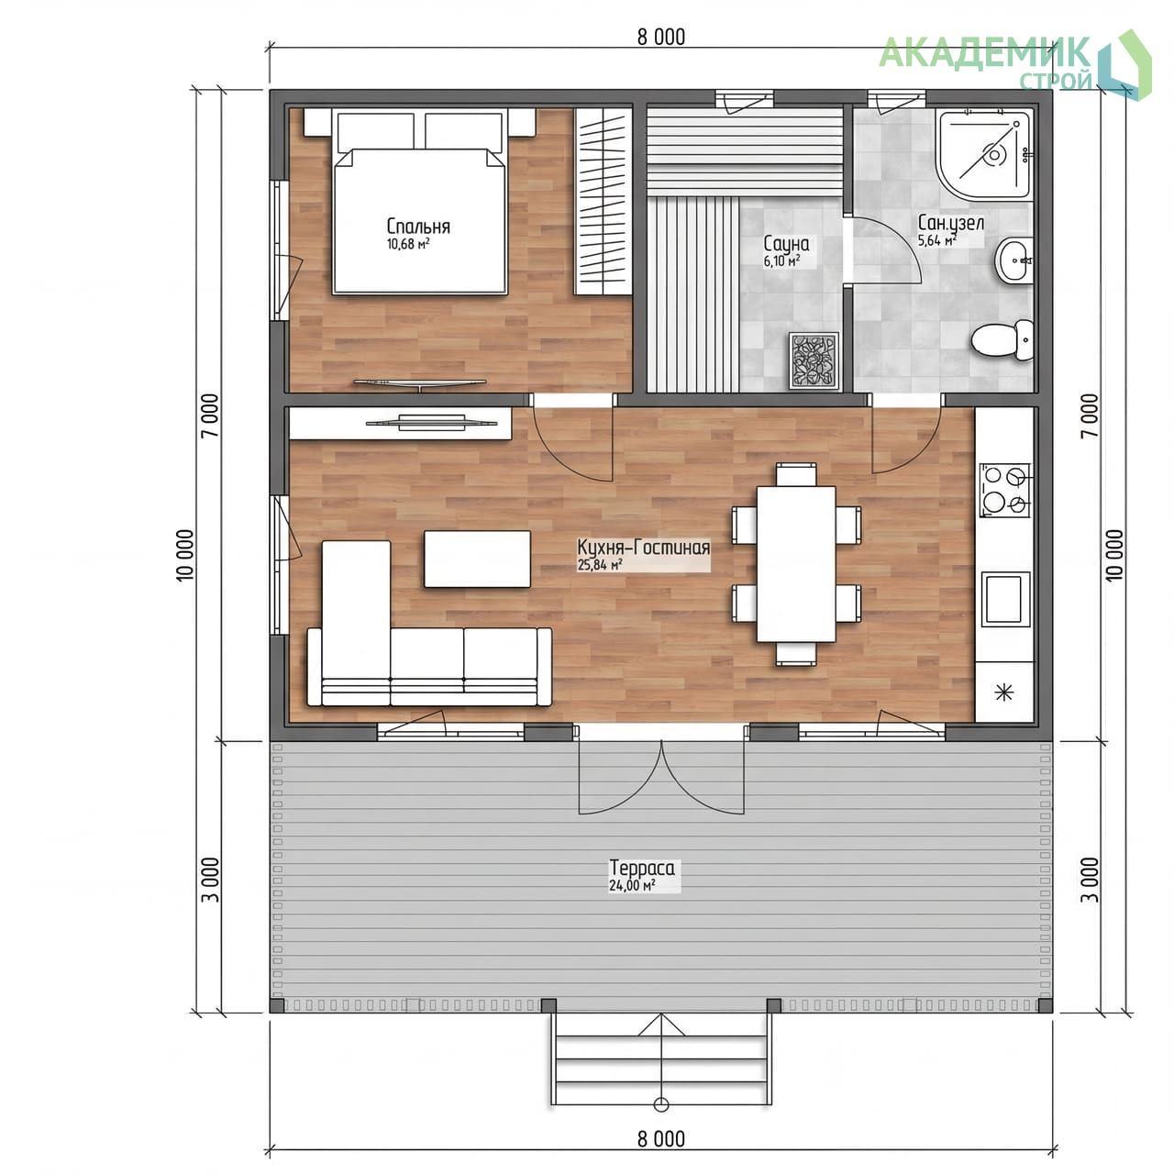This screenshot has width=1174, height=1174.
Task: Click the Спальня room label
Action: pos(418,227)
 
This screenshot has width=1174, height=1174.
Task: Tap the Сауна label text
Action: pos(787,244)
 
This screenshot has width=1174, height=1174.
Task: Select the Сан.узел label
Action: pos(950,223)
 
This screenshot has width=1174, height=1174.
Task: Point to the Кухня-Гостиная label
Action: pos(643,547)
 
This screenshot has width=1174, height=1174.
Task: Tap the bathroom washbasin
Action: pos(1014,260)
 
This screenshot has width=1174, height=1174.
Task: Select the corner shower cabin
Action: pos(983,155)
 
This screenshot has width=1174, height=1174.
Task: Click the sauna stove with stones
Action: pos(814,360)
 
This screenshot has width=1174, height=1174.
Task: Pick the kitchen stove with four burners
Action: pos(1004,491)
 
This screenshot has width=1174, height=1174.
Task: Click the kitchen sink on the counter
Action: pos(1005,600)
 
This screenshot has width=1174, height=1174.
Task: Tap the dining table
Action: pos(796,563)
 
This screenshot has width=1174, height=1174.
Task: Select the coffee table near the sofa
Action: pos(477,559)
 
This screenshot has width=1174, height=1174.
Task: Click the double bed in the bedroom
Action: pos(420,202)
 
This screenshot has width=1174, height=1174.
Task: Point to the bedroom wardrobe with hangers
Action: pos(604,202)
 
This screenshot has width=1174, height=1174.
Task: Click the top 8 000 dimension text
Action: pos(661,38)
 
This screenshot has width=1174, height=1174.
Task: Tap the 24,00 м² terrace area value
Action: pos(632,885)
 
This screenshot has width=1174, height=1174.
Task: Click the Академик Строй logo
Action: pos(1015,64)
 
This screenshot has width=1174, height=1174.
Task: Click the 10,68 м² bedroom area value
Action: pos(407,244)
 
